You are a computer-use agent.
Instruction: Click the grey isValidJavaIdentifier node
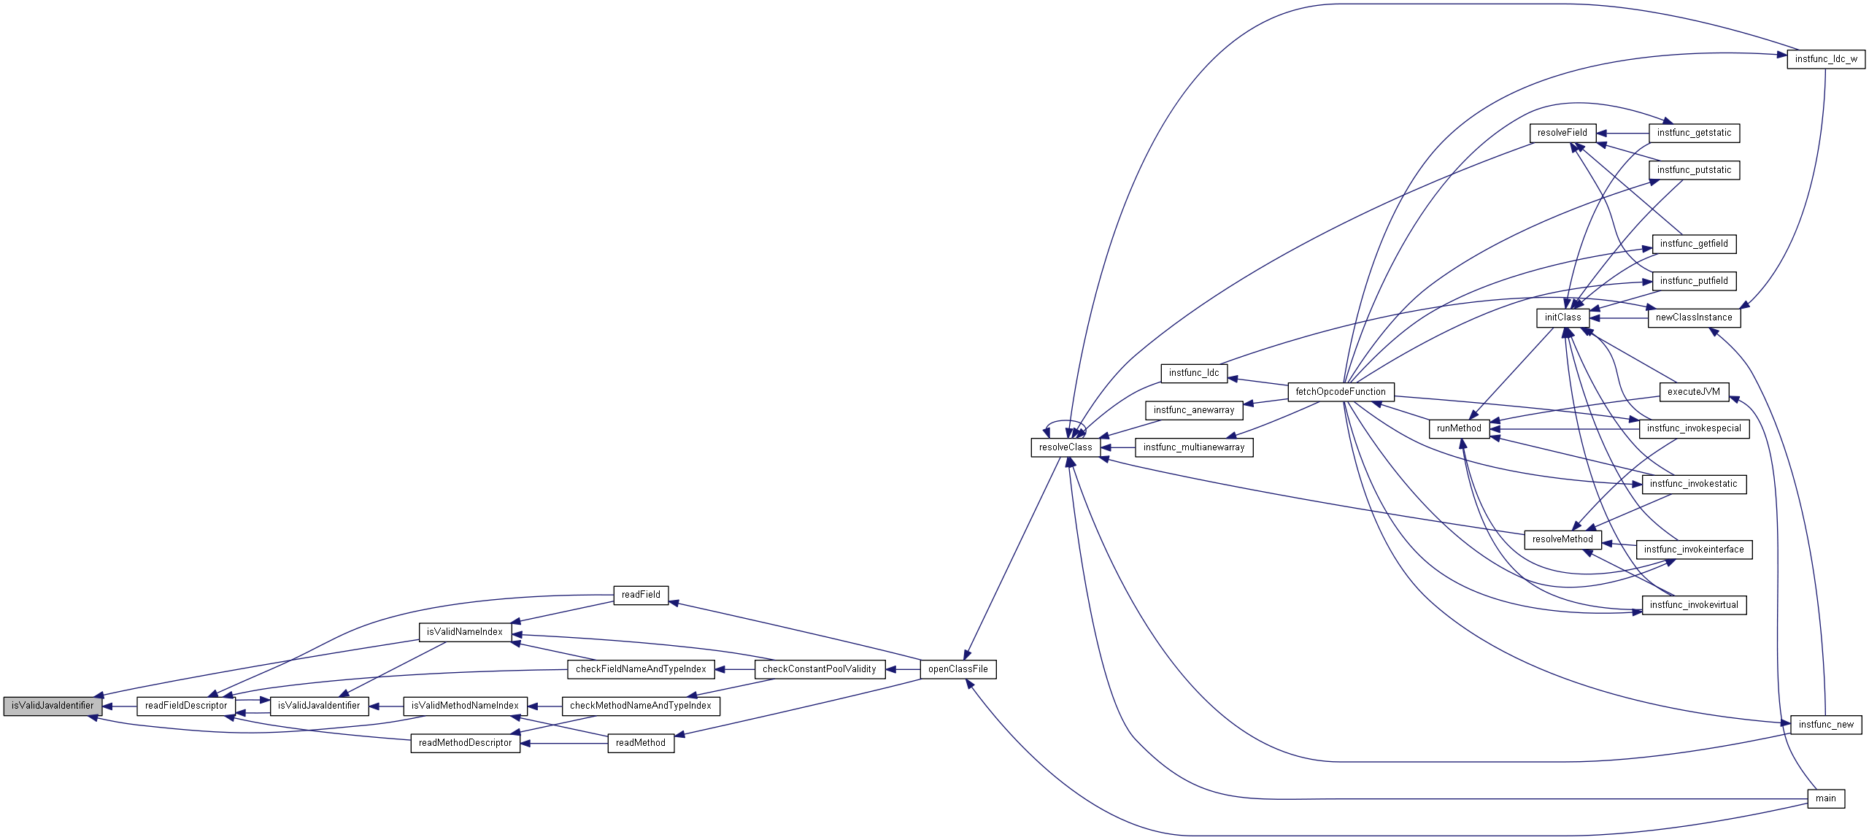tap(53, 706)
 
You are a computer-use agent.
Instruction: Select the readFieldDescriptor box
tap(186, 706)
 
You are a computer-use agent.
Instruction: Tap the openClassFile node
tap(957, 669)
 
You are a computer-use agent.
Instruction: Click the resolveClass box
tap(1065, 447)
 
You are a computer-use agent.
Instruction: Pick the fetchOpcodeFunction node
tap(1341, 392)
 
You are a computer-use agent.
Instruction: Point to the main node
tap(1825, 798)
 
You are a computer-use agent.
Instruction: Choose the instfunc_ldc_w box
tap(1826, 59)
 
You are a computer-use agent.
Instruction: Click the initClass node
tap(1562, 317)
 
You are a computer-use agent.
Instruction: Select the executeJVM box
tap(1694, 392)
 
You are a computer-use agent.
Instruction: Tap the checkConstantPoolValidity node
tap(819, 669)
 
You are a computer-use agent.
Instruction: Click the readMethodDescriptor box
tap(465, 743)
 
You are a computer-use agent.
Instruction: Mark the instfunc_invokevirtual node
tap(1694, 605)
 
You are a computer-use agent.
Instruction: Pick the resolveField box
tap(1562, 133)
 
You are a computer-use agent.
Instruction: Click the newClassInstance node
tap(1693, 317)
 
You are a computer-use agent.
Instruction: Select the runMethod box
tap(1458, 428)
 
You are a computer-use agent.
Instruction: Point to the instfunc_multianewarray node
tap(1193, 447)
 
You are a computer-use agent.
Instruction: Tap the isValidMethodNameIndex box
tap(465, 706)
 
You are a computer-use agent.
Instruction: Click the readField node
tap(640, 595)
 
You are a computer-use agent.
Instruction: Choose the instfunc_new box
tap(1826, 725)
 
